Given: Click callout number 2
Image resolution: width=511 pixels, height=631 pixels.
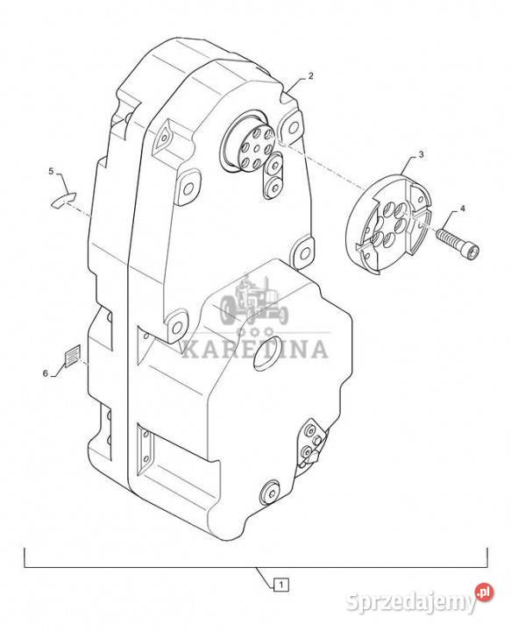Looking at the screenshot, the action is click(310, 75).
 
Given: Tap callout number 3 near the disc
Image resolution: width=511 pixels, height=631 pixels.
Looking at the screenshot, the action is click(421, 154).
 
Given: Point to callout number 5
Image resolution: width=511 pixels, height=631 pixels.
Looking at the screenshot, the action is click(51, 171).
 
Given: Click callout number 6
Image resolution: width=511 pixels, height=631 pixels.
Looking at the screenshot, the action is click(46, 373).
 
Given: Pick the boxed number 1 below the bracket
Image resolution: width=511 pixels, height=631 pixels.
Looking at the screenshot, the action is click(281, 584).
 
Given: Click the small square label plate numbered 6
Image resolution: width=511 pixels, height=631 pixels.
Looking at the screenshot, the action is click(73, 356).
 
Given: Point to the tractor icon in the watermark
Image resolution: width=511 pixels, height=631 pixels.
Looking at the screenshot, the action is click(254, 300).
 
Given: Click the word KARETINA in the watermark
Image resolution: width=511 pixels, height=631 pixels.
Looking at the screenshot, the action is click(255, 349).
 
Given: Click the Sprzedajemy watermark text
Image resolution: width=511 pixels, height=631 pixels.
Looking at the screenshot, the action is click(410, 602).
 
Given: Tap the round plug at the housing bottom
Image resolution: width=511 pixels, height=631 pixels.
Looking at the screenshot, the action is click(269, 492).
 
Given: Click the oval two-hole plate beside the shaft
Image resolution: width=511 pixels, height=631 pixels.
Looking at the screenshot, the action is click(273, 176).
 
